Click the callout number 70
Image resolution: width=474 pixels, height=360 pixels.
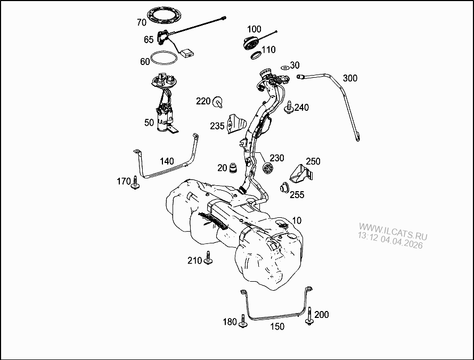click(141, 22)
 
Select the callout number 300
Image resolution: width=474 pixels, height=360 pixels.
click(350, 78)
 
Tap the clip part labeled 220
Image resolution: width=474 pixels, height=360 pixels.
click(218, 101)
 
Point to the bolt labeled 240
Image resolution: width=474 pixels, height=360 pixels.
click(289, 108)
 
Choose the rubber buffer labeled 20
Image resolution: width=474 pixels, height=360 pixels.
click(233, 168)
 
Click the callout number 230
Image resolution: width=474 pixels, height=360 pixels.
click(277, 158)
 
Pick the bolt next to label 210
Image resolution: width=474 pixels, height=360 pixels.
click(208, 259)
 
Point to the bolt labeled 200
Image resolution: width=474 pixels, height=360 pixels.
click(309, 318)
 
